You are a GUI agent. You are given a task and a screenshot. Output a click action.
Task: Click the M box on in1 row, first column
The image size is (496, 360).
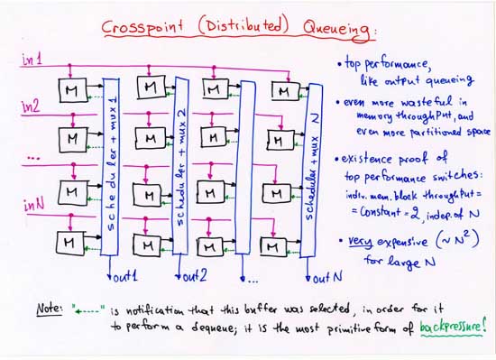70,91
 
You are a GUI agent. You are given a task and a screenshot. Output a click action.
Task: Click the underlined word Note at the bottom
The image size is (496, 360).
47,308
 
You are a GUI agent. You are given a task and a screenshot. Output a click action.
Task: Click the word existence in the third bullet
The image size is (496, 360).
370,159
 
